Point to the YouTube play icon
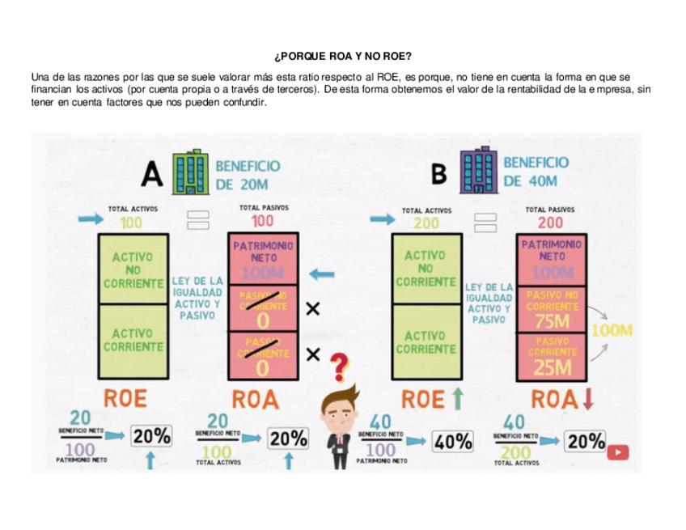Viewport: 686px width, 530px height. [619, 453]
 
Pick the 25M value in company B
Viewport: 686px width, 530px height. [552, 368]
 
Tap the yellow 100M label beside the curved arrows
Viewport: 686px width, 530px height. [612, 330]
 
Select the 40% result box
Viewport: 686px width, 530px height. [453, 441]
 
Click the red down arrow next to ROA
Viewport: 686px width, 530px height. [588, 398]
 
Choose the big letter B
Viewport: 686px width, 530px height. [439, 173]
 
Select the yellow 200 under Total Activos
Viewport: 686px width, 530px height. [427, 223]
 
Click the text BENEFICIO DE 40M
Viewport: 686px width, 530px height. [536, 172]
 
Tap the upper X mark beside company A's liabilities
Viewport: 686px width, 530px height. [313, 308]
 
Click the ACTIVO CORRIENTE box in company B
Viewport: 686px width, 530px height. [426, 342]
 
